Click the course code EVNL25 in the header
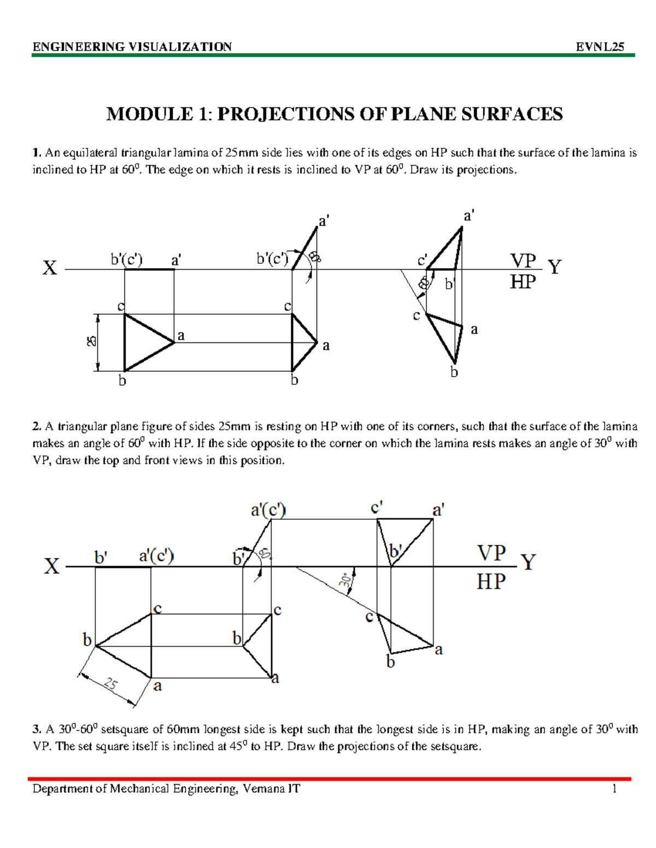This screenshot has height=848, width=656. tap(600, 47)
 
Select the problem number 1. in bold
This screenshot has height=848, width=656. tap(37, 153)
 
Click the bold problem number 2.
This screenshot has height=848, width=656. tap(37, 426)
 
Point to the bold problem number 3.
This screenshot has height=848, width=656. tap(37, 730)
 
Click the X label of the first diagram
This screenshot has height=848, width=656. tap(50, 268)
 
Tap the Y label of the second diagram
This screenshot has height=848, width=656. tap(528, 562)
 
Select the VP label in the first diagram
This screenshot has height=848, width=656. tap(523, 260)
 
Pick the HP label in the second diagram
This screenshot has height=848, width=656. tap(491, 582)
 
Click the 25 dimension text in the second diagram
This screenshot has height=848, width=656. tap(111, 684)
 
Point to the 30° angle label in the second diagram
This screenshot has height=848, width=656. tap(345, 580)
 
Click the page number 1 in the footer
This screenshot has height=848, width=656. tap(614, 788)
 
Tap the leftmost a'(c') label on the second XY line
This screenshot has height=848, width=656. tap(156, 556)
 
